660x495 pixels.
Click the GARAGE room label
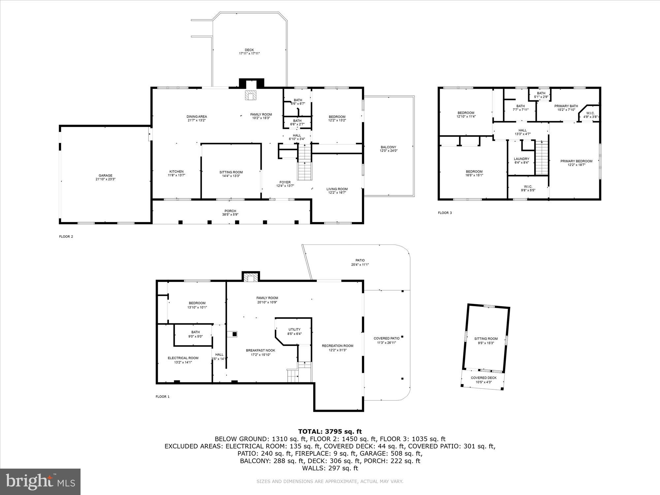(105, 178)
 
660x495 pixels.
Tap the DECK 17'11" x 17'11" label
(249, 52)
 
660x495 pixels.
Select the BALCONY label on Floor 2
(388, 149)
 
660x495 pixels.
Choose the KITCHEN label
(177, 173)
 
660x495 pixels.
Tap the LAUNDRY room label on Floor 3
(521, 160)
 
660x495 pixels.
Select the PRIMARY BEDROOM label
(576, 163)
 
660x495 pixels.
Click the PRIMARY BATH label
(566, 108)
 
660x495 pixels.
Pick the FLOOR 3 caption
(445, 213)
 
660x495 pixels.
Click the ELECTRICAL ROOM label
(183, 360)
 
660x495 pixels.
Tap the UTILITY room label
(294, 331)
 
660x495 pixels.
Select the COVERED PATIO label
(386, 340)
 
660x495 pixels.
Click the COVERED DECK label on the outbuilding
(483, 380)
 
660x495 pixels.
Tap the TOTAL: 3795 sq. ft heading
(330, 431)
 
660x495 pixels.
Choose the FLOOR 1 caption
(162, 397)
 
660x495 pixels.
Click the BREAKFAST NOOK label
(260, 352)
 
